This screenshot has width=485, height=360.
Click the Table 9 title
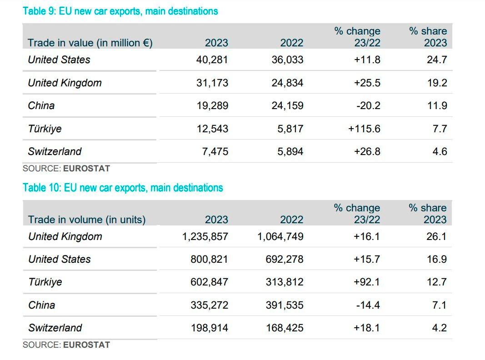[x=120, y=11]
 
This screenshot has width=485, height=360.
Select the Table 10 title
[x=123, y=188]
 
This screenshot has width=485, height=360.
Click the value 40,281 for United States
[x=212, y=60]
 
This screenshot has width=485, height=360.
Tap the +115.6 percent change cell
[x=364, y=129]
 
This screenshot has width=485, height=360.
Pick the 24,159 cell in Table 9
[x=287, y=105]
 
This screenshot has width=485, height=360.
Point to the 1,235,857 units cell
[x=205, y=236]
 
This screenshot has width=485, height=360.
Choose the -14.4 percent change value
[x=368, y=305]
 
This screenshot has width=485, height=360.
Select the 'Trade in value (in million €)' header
[x=90, y=43]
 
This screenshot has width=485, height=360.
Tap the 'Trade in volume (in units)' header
[x=87, y=220]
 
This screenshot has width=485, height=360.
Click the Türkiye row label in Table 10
[x=45, y=282]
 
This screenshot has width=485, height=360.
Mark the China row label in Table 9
[x=41, y=105]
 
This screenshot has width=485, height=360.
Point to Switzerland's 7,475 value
[x=215, y=151]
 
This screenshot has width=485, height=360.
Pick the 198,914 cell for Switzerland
[x=209, y=328]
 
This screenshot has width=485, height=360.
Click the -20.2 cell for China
[x=368, y=105]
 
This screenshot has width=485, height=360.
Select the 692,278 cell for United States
[x=285, y=259]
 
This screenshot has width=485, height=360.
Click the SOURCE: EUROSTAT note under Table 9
[x=66, y=168]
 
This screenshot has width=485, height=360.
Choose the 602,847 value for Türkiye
[x=209, y=282]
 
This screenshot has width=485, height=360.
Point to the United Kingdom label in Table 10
[x=65, y=236]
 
